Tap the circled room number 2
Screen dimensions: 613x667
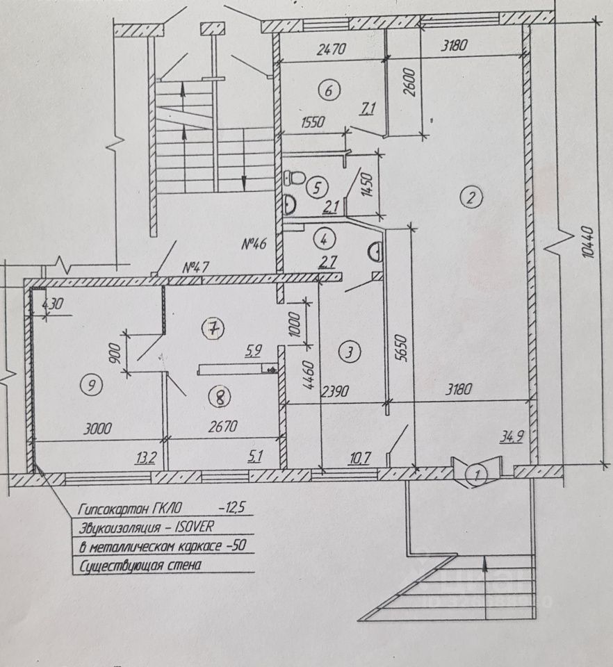[x=471, y=198]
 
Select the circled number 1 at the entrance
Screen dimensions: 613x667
[x=477, y=475]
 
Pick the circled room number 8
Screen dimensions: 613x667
[x=220, y=397]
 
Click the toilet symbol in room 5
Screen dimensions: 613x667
[x=294, y=179]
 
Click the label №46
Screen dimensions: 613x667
[x=256, y=244]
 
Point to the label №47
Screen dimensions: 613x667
[x=197, y=266]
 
